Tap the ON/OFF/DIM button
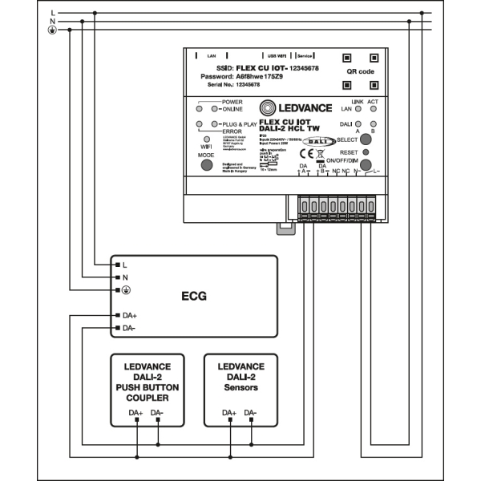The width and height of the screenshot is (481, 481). [366, 166]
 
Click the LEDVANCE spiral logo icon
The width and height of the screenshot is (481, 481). [270, 108]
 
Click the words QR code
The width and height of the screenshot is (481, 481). [359, 71]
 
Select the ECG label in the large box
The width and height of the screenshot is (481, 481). [193, 296]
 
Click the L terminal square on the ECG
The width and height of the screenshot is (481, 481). [117, 264]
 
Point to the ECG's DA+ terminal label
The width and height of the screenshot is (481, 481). [129, 315]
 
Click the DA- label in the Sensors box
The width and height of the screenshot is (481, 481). [251, 413]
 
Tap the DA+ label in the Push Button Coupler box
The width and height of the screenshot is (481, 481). [136, 413]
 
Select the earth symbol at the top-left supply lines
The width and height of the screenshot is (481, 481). [53, 30]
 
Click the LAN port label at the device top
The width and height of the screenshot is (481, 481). [212, 56]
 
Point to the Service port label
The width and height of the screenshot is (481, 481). [304, 56]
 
